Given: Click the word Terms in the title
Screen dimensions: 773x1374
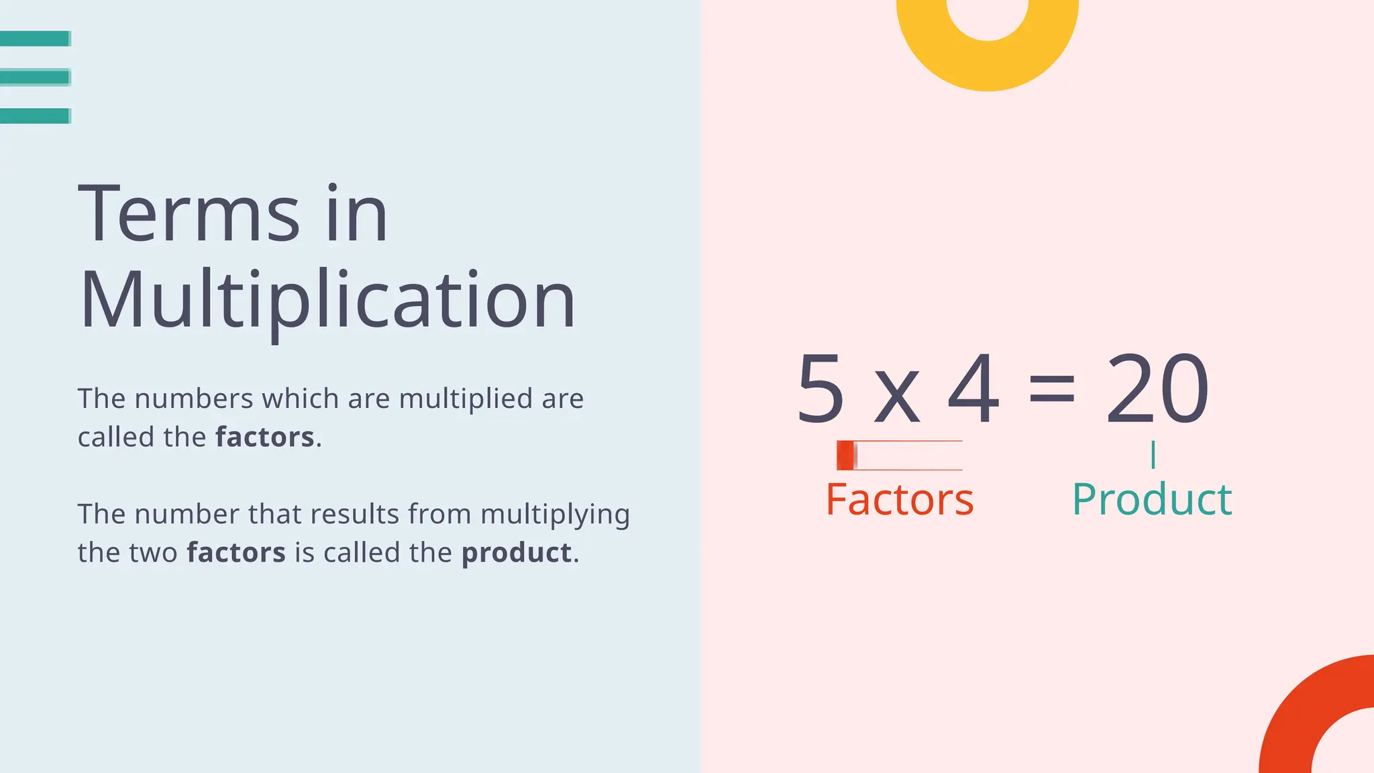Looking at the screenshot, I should pos(189,213).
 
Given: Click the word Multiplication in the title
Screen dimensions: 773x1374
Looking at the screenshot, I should pos(327,299).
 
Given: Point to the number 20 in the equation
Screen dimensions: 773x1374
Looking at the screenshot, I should pos(1157,389).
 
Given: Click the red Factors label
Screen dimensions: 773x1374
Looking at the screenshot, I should pos(899,499).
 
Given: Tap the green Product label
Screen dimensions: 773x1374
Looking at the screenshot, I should pos(1152,499).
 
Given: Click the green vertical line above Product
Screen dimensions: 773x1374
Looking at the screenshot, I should pos(1153,455).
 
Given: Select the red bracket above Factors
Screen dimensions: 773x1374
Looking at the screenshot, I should pos(899,456).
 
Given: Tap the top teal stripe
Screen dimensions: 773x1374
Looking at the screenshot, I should pos(35,39).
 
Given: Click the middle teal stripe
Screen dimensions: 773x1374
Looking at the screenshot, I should pos(35,78).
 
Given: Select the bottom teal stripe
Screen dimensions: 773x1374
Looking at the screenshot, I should pos(35,116).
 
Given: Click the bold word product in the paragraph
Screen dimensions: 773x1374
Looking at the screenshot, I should pos(517,553).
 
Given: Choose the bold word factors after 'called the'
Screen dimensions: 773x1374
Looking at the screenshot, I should pos(265,437).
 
